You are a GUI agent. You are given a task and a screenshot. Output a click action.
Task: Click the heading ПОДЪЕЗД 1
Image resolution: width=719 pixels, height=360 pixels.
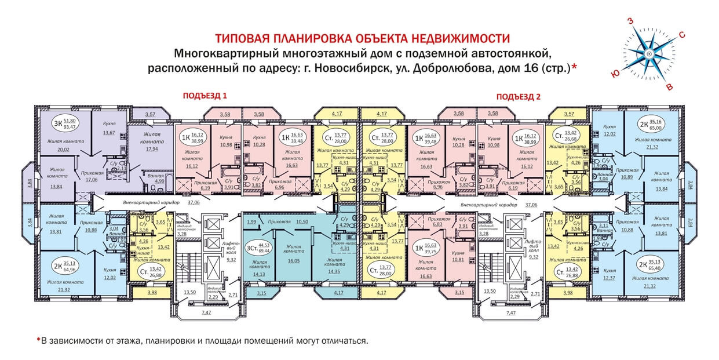205,96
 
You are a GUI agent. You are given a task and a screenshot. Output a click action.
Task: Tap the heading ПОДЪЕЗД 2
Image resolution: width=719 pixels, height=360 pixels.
519,96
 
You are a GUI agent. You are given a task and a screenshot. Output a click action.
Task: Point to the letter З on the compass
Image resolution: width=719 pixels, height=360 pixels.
630,21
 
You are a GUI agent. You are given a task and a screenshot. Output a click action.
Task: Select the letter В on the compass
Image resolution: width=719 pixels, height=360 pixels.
670,87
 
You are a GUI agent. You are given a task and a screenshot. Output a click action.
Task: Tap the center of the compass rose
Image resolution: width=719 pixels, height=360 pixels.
649,54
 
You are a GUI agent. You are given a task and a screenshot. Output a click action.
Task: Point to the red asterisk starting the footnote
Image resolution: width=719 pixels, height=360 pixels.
38,340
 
